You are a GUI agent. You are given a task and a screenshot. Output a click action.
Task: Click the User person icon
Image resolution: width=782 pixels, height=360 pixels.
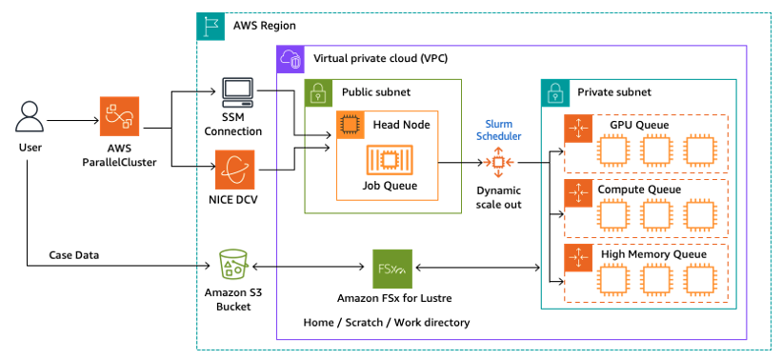coord(30,120)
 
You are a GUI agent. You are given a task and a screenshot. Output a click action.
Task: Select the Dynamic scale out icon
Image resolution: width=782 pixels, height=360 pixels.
coord(498,163)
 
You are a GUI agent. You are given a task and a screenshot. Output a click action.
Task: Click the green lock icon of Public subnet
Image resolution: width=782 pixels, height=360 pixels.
coord(318,92)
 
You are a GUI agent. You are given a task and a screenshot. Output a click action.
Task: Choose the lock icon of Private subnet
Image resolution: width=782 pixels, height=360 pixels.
coord(554,92)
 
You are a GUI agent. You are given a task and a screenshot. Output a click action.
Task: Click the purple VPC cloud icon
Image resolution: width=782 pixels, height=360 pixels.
coord(290,59)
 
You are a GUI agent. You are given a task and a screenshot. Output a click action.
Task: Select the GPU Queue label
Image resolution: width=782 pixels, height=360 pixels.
coord(639,125)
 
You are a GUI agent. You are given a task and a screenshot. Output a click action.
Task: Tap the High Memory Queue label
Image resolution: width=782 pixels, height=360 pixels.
coord(653,254)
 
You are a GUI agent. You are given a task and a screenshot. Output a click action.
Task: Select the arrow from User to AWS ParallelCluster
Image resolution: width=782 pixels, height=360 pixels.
coord(72,121)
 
